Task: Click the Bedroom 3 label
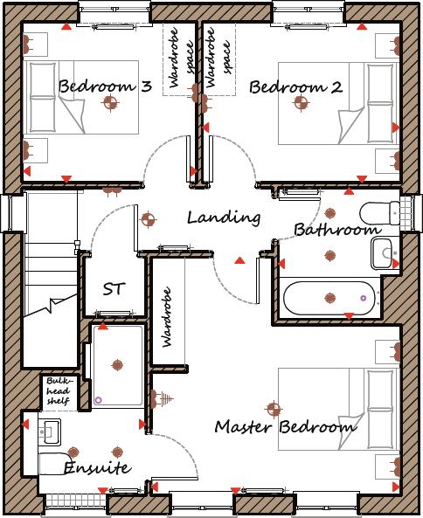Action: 105,86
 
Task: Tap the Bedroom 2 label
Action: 295,87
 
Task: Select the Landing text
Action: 224,218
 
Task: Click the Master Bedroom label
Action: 285,427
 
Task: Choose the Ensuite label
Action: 97,468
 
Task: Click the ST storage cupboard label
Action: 113,288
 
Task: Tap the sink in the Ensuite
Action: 50,430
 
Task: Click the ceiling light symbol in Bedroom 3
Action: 110,104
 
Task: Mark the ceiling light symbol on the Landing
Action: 148,218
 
